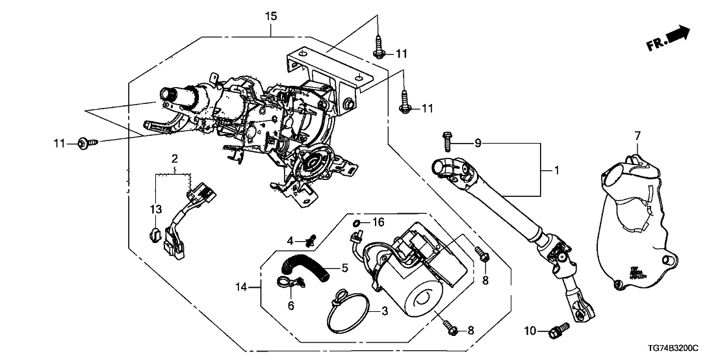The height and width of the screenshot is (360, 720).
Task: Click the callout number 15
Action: pos(271,14)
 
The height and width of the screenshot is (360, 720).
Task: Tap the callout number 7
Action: pos(637,135)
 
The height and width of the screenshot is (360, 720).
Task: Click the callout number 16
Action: pos(378,223)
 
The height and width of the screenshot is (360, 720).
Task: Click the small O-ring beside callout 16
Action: pos(356,224)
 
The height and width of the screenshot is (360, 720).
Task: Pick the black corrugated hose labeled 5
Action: pos(303,266)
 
